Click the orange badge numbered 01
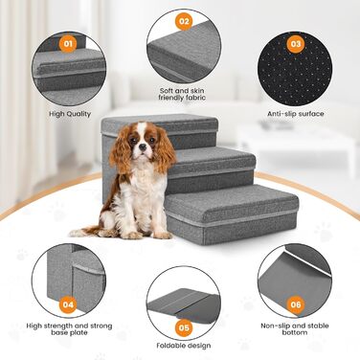point(68,43)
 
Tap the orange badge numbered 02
point(184,21)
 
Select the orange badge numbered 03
point(296,43)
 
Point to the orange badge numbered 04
point(68,304)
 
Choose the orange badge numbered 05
point(184,327)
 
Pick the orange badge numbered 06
point(296,304)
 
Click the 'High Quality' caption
point(70,114)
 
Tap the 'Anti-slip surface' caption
point(296,114)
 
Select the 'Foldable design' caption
point(184,346)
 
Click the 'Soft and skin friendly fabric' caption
point(182,94)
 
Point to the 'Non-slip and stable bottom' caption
point(295,329)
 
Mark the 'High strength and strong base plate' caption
point(69,329)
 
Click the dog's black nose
point(143,147)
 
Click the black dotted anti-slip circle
point(295,69)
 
